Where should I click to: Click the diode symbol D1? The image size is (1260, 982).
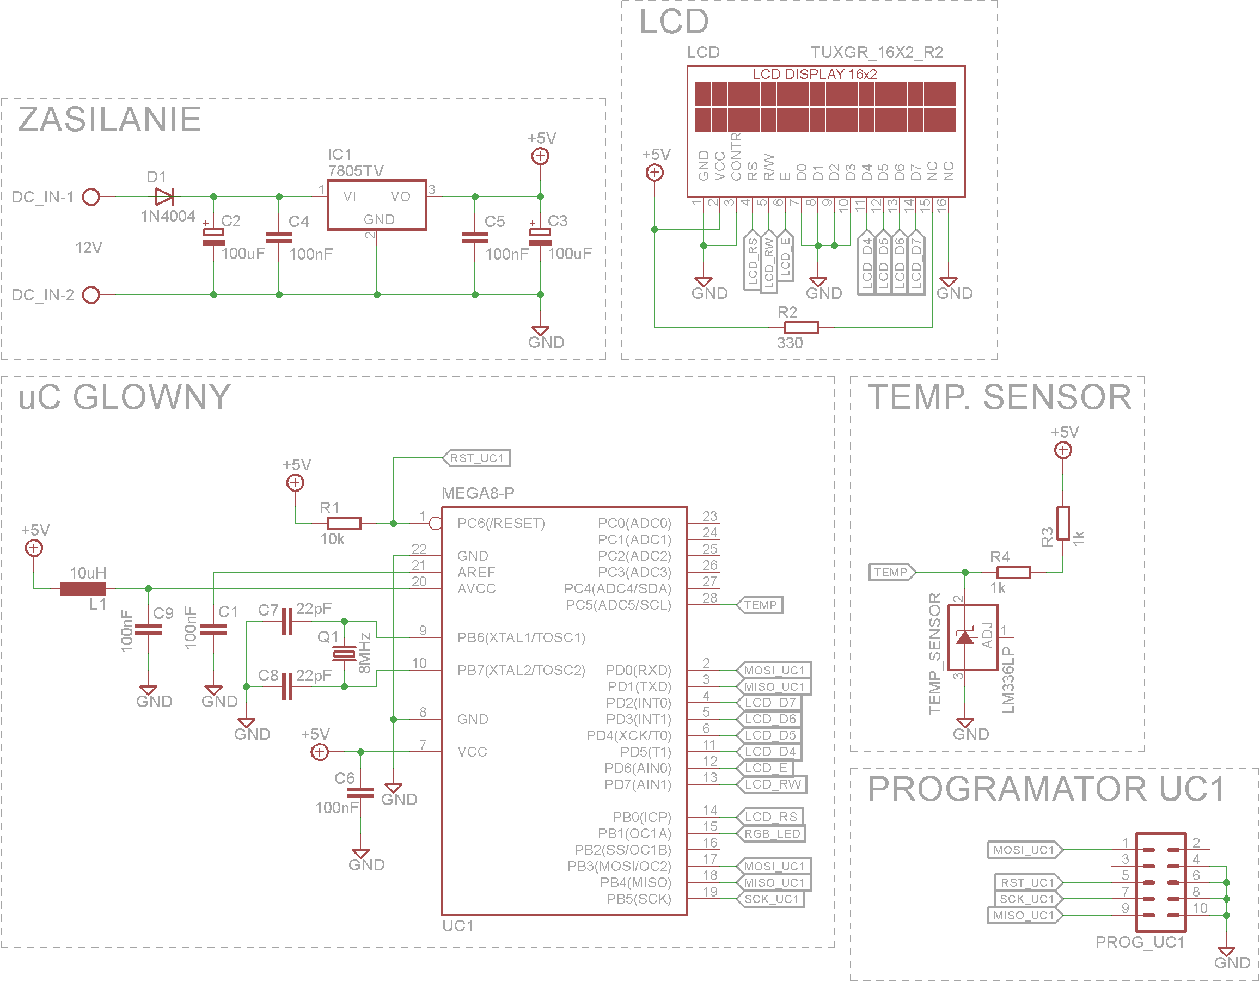click(164, 197)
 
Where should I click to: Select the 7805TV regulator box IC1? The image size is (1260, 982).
click(377, 205)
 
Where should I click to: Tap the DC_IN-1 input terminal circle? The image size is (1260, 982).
click(91, 197)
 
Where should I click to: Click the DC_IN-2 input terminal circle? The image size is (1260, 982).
click(91, 295)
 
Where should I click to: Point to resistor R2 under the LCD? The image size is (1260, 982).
click(802, 328)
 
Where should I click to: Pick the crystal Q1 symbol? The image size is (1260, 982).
click(345, 654)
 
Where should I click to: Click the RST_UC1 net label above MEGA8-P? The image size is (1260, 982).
click(476, 458)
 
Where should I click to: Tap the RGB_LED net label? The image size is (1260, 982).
click(772, 834)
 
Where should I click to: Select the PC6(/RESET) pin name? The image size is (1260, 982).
click(501, 524)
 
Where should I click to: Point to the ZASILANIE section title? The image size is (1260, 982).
click(109, 119)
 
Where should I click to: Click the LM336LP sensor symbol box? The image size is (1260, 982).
click(972, 637)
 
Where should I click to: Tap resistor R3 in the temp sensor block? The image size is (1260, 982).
click(1063, 524)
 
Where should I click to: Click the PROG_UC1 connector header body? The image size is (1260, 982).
click(1161, 883)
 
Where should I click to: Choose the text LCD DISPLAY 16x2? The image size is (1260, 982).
click(814, 75)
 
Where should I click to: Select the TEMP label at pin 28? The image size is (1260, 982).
click(760, 605)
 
